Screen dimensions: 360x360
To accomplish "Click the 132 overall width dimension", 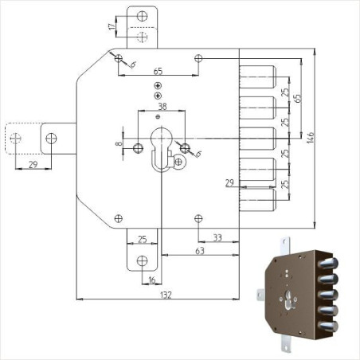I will [166, 294].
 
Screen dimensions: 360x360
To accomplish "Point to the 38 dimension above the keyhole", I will [162, 105].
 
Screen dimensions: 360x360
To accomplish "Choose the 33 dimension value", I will [217, 237].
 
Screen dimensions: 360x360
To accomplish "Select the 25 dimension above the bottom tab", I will [142, 238].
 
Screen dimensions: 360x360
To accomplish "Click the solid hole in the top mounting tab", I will [142, 16].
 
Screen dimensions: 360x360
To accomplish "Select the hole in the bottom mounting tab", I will [143, 260].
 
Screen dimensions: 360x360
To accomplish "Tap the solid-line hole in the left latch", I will [53, 138].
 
